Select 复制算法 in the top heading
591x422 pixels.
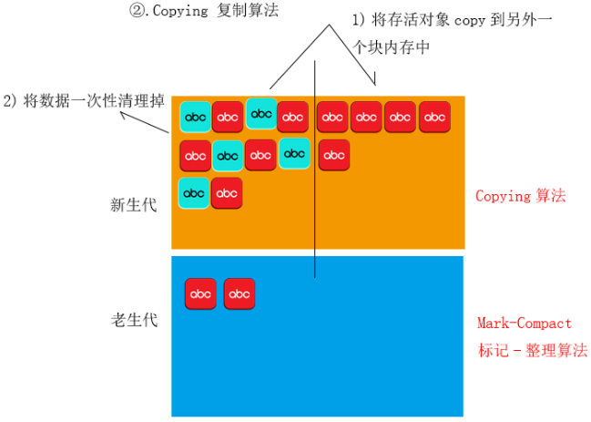coord(251,14)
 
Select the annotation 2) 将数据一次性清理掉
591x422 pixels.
coord(85,100)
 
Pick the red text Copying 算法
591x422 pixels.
coord(521,196)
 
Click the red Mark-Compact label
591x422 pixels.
coord(525,324)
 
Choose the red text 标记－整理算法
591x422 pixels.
coord(533,350)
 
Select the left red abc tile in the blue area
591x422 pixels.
coord(200,293)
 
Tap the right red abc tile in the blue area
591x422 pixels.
coord(239,293)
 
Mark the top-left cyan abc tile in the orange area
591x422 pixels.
coord(195,117)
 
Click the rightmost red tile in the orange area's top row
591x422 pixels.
coord(434,117)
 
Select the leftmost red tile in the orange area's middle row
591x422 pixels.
coord(195,155)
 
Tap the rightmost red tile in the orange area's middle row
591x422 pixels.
coord(334,155)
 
